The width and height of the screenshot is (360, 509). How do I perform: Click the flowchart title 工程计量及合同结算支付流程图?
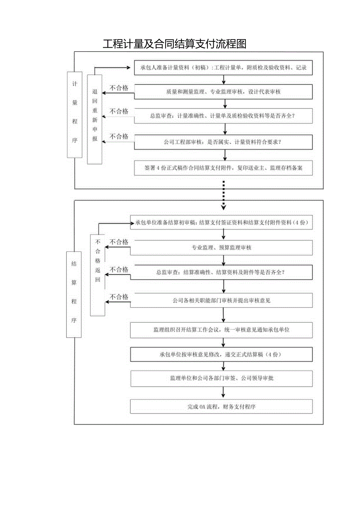click(175, 44)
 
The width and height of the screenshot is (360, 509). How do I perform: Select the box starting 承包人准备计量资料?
click(223, 68)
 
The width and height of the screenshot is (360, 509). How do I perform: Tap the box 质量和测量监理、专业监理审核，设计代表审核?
click(223, 92)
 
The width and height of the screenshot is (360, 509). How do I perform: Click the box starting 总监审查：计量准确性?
click(223, 116)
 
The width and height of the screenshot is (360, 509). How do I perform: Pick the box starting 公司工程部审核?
click(223, 142)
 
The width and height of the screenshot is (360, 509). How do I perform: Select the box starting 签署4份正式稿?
click(223, 168)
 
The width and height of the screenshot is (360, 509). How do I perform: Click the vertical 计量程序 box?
click(75, 115)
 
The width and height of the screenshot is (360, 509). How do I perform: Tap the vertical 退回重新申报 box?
click(94, 119)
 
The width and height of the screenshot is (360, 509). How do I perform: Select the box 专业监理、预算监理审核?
click(221, 248)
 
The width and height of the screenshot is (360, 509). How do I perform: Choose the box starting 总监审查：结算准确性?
click(221, 273)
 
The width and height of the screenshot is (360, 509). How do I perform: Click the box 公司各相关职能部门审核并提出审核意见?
click(221, 300)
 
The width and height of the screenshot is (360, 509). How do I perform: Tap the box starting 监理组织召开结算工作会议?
click(221, 330)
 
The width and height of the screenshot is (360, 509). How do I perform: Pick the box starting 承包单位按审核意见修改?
click(221, 354)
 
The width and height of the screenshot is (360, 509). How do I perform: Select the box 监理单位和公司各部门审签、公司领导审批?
click(221, 378)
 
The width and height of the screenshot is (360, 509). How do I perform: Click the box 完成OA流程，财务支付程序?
click(221, 406)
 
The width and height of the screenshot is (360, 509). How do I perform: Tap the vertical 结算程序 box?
click(74, 294)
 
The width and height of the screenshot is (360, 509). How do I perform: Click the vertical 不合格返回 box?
click(97, 275)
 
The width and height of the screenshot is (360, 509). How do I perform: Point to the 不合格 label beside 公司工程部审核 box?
click(119, 137)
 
